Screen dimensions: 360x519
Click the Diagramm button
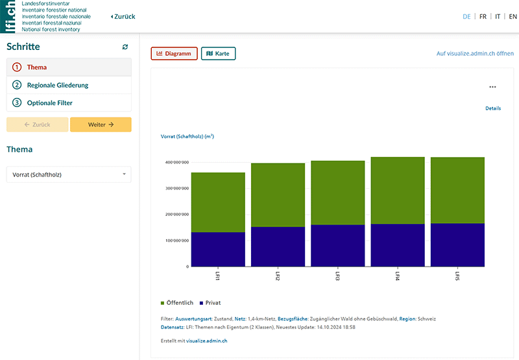(174, 54)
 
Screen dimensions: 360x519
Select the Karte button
(218, 54)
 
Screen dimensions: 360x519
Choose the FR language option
(483, 17)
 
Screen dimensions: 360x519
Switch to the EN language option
(513, 17)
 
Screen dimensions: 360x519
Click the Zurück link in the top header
(123, 17)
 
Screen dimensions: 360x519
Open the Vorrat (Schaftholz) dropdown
(69, 174)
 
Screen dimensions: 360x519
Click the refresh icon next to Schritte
(125, 47)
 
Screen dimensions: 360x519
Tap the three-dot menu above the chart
(492, 87)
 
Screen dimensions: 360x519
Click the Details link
(492, 108)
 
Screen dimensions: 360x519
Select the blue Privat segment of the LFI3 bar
(337, 245)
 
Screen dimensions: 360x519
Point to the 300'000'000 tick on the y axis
(176, 189)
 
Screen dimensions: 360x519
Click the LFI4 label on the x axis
(397, 276)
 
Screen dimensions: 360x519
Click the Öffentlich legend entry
(177, 303)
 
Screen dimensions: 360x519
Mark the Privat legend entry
(210, 303)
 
